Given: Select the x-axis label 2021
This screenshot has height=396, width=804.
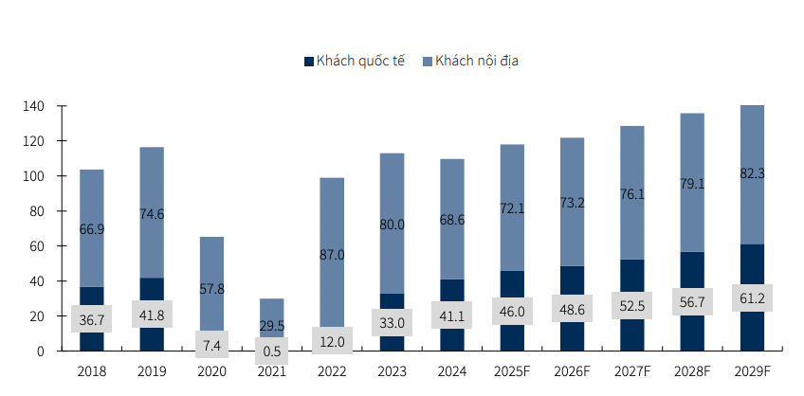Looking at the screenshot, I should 272,372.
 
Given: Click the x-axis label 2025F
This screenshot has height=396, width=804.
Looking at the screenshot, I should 512,372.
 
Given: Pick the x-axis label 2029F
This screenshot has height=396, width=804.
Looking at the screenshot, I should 752,372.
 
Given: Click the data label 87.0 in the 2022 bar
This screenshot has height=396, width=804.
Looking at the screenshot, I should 332,254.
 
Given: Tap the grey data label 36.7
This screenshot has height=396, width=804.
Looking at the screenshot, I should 92,319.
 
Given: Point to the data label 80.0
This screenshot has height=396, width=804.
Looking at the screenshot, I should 392,224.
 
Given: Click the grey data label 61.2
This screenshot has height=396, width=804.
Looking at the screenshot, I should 752,297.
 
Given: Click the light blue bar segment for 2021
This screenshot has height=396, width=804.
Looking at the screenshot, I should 272,313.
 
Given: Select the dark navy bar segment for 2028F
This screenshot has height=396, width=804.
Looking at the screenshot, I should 692,270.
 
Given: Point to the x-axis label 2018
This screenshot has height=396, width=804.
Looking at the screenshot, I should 92,372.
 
